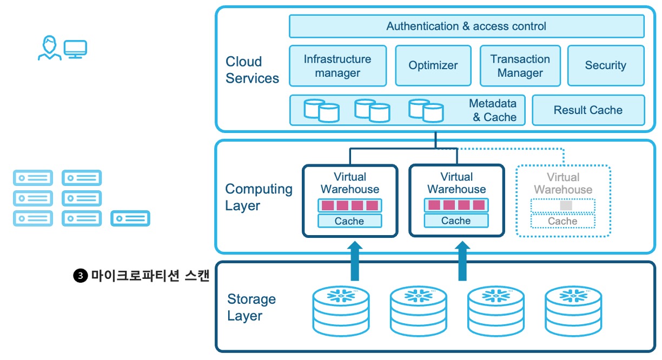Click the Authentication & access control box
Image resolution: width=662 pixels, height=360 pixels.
pyautogui.click(x=466, y=26)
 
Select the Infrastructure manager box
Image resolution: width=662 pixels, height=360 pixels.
pyautogui.click(x=337, y=66)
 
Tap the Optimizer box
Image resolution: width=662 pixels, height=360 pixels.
pyautogui.click(x=433, y=66)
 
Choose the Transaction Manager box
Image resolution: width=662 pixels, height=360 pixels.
pyautogui.click(x=520, y=66)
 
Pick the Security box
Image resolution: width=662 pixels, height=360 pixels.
pyautogui.click(x=605, y=66)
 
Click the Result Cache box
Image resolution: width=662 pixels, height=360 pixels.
pyautogui.click(x=588, y=110)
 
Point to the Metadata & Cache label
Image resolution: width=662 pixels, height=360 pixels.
pyautogui.click(x=493, y=110)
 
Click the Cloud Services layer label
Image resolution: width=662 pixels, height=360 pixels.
pyautogui.click(x=252, y=70)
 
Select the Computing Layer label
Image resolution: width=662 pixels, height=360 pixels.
pyautogui.click(x=259, y=197)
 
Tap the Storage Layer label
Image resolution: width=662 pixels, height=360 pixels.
pyautogui.click(x=251, y=308)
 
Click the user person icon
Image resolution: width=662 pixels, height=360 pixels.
pyautogui.click(x=49, y=48)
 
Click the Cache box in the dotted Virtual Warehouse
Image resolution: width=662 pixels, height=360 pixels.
pyautogui.click(x=562, y=221)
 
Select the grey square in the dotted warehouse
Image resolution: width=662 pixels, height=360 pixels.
pyautogui.click(x=566, y=206)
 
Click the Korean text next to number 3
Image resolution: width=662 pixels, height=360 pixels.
pyautogui.click(x=150, y=276)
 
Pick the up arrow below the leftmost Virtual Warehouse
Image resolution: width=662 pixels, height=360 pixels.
pyautogui.click(x=355, y=261)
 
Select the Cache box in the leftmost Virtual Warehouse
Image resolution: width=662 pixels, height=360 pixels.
pyautogui.click(x=349, y=221)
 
